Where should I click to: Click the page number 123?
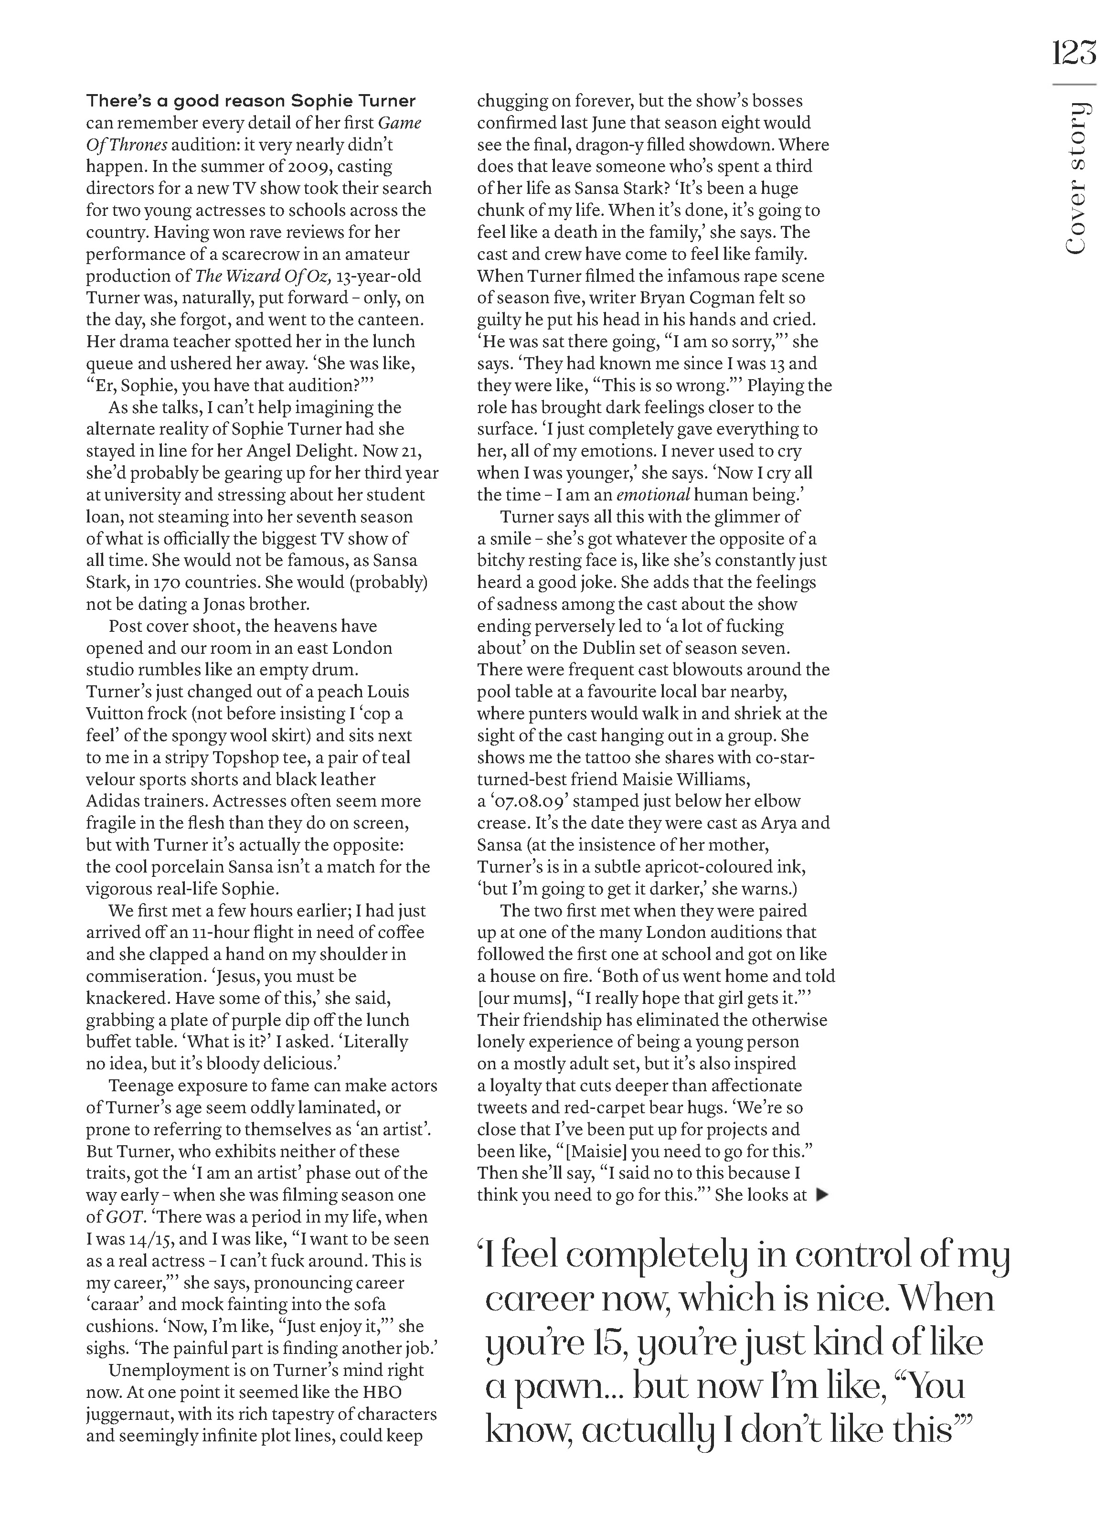click(1074, 52)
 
